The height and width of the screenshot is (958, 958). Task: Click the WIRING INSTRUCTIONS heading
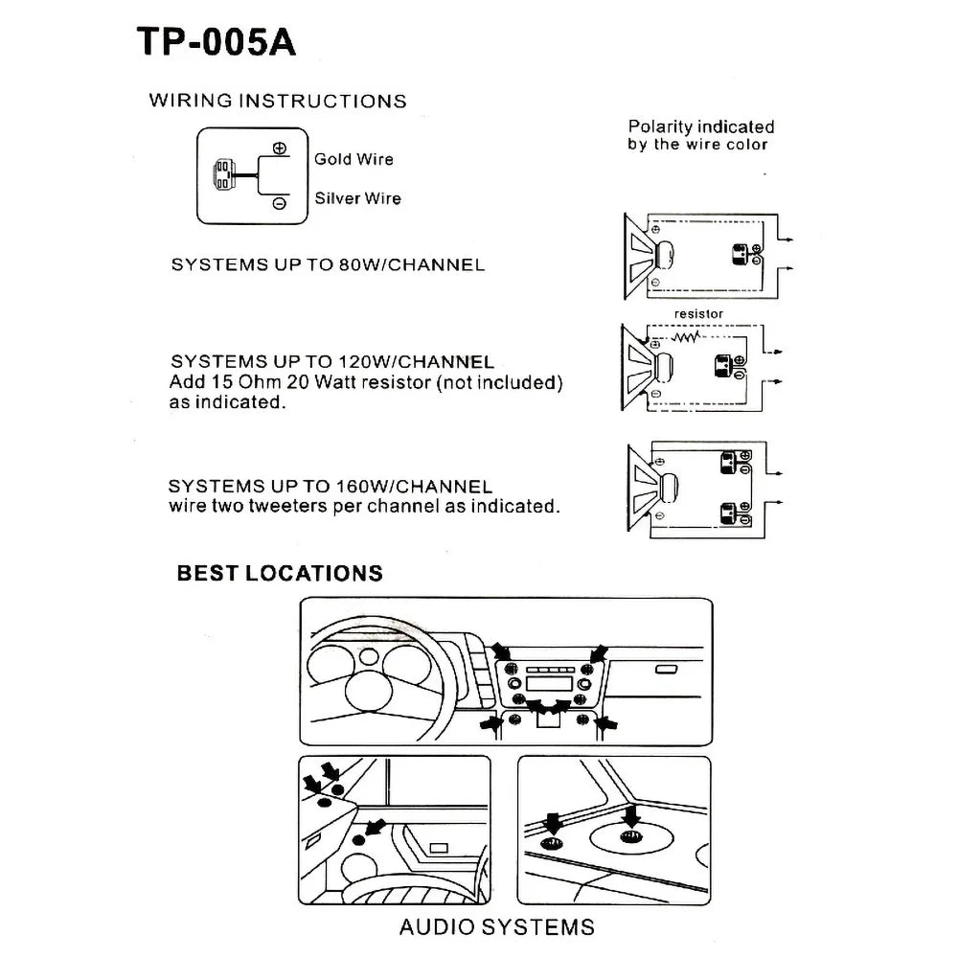pyautogui.click(x=278, y=101)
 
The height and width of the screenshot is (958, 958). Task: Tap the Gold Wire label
pyautogui.click(x=354, y=159)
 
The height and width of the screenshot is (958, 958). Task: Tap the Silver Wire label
pyautogui.click(x=357, y=198)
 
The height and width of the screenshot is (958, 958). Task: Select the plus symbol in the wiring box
pyautogui.click(x=279, y=148)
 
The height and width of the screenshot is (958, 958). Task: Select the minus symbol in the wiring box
pyautogui.click(x=279, y=203)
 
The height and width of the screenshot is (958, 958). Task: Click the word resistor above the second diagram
pyautogui.click(x=698, y=313)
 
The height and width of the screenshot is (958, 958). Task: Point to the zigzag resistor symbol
pyautogui.click(x=686, y=337)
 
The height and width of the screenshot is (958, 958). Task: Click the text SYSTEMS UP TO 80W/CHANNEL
pyautogui.click(x=328, y=264)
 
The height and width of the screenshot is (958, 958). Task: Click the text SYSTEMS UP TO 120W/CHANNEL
pyautogui.click(x=331, y=362)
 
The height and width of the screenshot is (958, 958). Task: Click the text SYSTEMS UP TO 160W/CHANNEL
pyautogui.click(x=330, y=487)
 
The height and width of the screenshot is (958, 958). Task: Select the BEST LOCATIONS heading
pyautogui.click(x=280, y=573)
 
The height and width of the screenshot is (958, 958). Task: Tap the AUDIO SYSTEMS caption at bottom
pyautogui.click(x=496, y=926)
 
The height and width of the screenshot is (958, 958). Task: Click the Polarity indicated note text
pyautogui.click(x=700, y=135)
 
